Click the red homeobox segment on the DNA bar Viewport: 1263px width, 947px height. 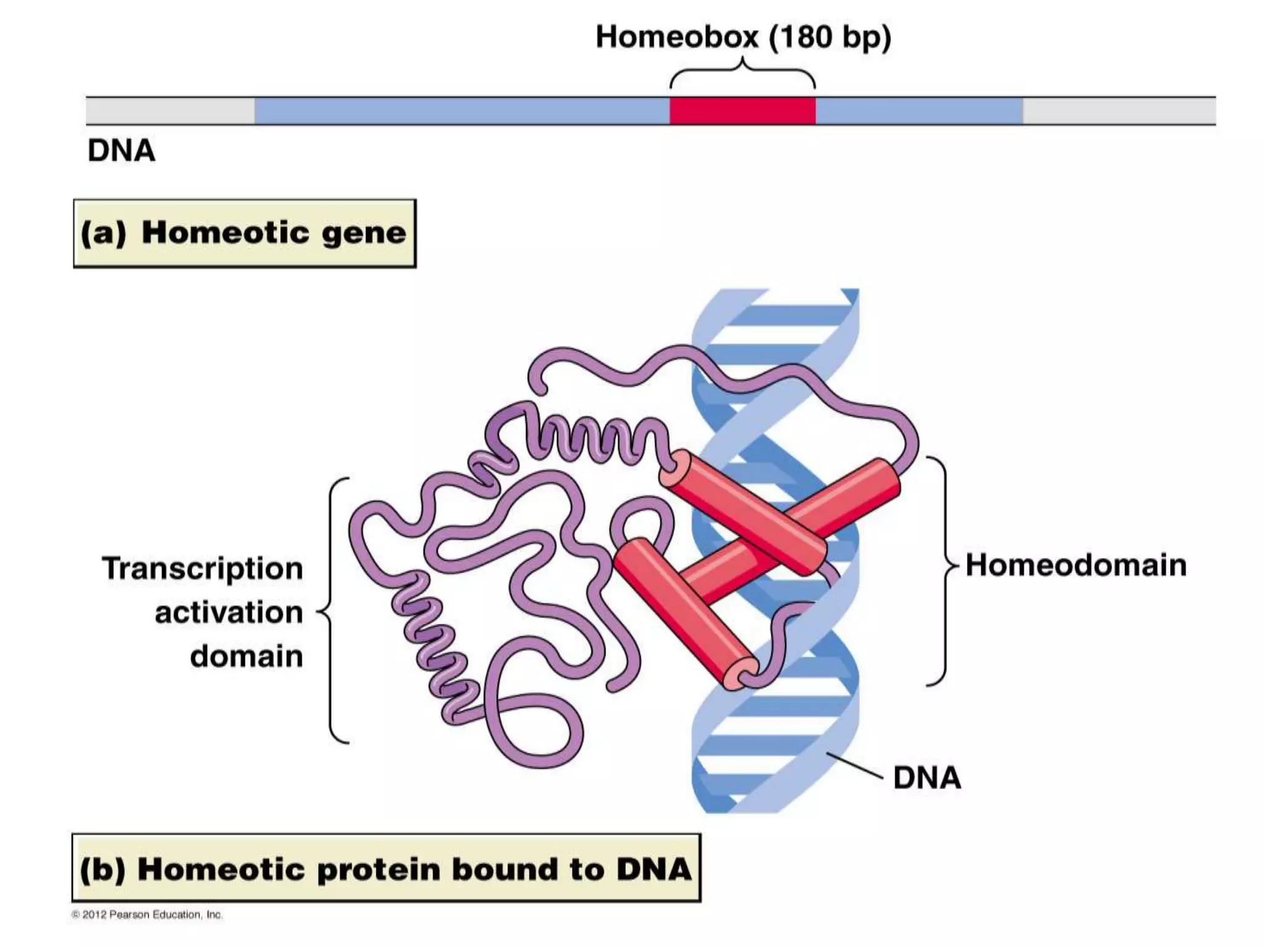point(743,111)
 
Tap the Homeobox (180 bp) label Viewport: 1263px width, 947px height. point(743,37)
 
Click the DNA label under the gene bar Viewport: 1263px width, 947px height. point(121,151)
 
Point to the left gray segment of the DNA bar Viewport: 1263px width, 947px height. point(170,111)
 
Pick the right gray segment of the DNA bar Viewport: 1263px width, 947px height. point(1119,111)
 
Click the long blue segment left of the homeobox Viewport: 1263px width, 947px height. point(462,111)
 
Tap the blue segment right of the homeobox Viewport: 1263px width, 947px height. point(919,111)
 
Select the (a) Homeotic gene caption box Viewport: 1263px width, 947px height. point(245,233)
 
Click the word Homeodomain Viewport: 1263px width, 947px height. point(1076,565)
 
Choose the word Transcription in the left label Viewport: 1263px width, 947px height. point(203,568)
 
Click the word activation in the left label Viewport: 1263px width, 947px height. point(229,613)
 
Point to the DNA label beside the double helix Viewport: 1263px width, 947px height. point(927,778)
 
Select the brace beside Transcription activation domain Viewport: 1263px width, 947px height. point(333,610)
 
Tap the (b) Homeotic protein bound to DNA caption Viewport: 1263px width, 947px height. point(386,869)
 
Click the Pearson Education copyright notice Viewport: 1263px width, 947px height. point(147,915)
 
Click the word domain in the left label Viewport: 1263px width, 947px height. point(247,657)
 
